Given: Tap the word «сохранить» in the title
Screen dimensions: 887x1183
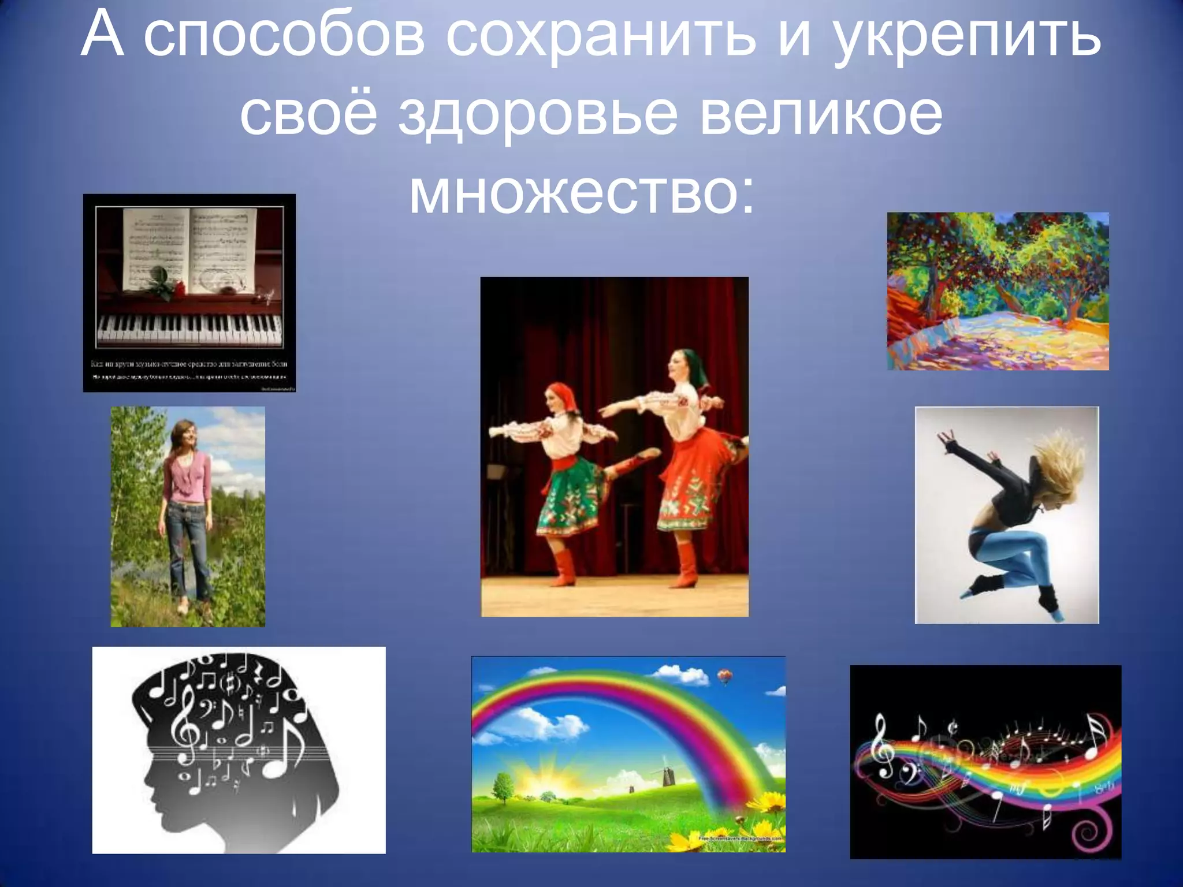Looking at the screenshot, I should coord(601,38).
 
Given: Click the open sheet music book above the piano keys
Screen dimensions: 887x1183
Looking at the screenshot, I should coord(191,248).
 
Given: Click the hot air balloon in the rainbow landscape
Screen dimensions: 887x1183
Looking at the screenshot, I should coord(724,674).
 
